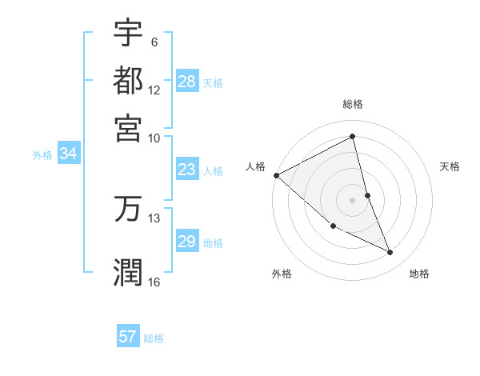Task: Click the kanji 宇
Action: click(x=128, y=33)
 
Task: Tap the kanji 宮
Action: click(x=128, y=127)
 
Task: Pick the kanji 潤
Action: click(x=128, y=270)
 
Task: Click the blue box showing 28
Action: click(x=187, y=82)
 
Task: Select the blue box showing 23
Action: click(x=187, y=170)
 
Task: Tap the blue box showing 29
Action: click(x=187, y=242)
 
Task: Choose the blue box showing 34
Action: click(x=68, y=154)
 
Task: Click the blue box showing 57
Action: click(x=128, y=337)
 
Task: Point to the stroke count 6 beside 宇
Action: click(x=154, y=42)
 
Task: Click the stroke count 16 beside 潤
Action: click(x=154, y=282)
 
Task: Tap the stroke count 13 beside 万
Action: click(x=154, y=218)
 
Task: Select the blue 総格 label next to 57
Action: click(x=154, y=338)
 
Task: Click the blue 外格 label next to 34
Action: click(x=42, y=155)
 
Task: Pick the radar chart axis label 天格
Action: click(x=450, y=166)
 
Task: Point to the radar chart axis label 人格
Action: click(x=255, y=166)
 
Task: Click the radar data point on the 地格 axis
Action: click(x=390, y=253)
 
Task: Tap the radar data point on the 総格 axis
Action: click(x=353, y=137)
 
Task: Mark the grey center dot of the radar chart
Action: click(x=353, y=200)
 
